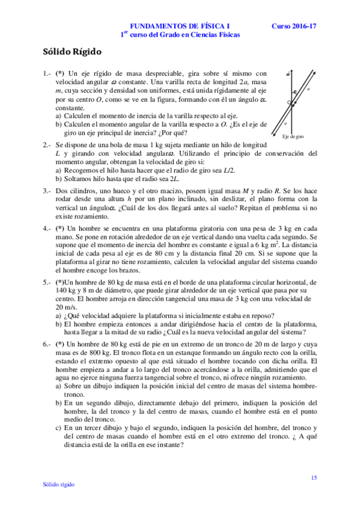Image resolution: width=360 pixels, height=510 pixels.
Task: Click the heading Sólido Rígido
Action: [72, 52]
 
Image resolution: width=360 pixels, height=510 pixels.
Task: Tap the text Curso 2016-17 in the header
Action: [293, 26]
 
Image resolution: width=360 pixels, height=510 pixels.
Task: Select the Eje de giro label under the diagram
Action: [293, 137]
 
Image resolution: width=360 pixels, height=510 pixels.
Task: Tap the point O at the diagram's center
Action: [288, 103]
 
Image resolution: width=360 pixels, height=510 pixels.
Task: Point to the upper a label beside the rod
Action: [308, 88]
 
